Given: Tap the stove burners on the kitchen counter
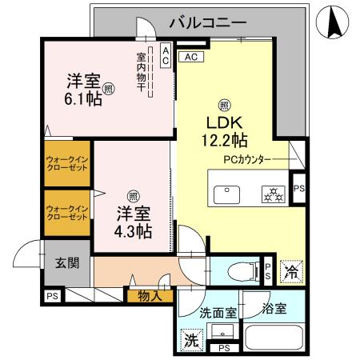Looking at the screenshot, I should (x=273, y=193).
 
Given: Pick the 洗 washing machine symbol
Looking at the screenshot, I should (x=190, y=338).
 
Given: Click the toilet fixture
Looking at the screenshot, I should (x=239, y=270).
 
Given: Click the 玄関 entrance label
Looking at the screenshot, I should (x=67, y=263).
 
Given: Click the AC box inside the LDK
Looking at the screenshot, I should (x=194, y=58).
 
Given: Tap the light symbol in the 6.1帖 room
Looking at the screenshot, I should (x=108, y=89).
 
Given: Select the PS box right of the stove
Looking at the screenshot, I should (x=298, y=188).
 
